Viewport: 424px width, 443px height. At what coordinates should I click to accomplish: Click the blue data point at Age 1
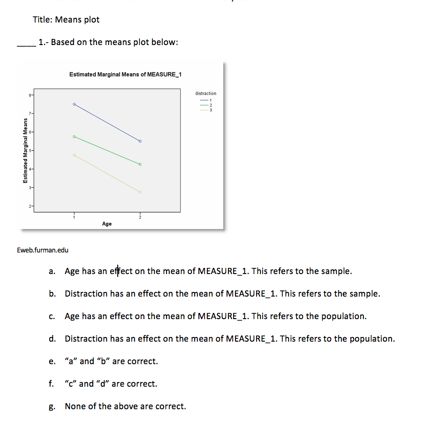(74, 104)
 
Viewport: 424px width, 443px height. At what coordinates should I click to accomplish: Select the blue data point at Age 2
(140, 141)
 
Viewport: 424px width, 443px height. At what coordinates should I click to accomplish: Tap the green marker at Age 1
(74, 137)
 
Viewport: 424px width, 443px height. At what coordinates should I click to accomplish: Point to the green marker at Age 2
(140, 164)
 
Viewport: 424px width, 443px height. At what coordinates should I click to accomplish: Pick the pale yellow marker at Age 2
(140, 192)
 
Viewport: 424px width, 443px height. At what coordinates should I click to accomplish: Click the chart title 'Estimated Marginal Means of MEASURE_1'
(125, 75)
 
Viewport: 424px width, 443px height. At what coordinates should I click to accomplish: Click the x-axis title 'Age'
(107, 224)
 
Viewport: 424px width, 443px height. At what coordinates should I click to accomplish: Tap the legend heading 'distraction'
(206, 94)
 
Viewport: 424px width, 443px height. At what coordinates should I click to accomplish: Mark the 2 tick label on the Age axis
(140, 216)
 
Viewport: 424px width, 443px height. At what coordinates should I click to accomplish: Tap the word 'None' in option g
(75, 406)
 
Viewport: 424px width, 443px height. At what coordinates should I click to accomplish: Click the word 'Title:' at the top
(43, 20)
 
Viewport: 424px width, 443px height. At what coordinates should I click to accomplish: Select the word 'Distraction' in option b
(86, 294)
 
